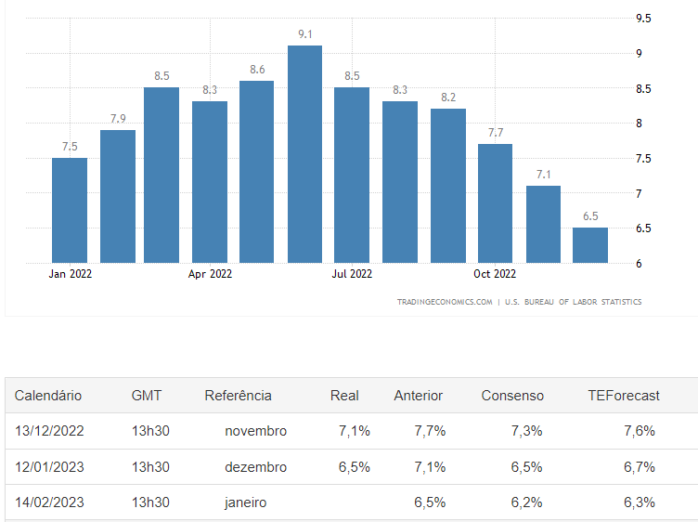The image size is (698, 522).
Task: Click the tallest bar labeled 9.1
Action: [x=304, y=153]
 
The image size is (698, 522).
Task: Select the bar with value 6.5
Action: [x=590, y=245]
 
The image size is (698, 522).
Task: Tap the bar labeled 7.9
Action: [x=118, y=196]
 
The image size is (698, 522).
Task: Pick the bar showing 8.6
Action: [x=257, y=172]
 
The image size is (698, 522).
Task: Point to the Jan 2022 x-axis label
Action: [x=71, y=274]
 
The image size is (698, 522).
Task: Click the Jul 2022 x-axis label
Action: [x=352, y=274]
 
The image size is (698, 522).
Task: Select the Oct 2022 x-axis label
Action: [x=495, y=274]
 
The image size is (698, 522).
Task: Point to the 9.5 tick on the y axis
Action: [x=643, y=19]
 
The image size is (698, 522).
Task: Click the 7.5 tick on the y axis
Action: [x=643, y=159]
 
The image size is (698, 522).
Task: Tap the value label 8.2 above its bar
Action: [x=447, y=97]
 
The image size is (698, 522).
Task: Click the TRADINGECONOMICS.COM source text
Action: [x=445, y=302]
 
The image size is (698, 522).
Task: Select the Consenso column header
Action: [x=512, y=396]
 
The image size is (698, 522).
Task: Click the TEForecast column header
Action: [x=624, y=396]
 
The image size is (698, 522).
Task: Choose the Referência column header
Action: [x=239, y=396]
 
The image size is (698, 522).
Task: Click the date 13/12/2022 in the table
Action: [x=49, y=431]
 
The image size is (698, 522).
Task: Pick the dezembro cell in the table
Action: [x=255, y=466]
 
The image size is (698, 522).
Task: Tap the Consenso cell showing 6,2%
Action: [x=527, y=502]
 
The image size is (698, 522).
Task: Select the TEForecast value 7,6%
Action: [x=640, y=431]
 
